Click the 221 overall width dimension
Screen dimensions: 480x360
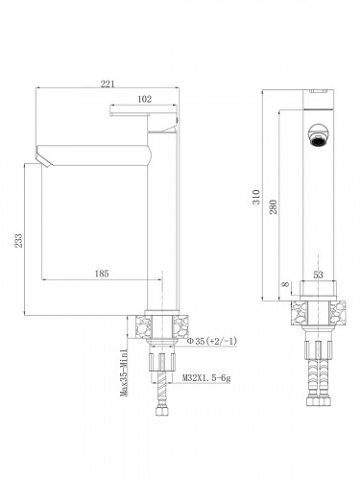click(108, 84)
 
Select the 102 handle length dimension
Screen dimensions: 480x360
click(144, 97)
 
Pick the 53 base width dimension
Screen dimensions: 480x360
click(319, 276)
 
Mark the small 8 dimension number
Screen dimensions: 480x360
click(285, 284)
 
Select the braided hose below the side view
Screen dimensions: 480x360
click(160, 399)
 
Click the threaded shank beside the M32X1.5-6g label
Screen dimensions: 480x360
click(162, 366)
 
